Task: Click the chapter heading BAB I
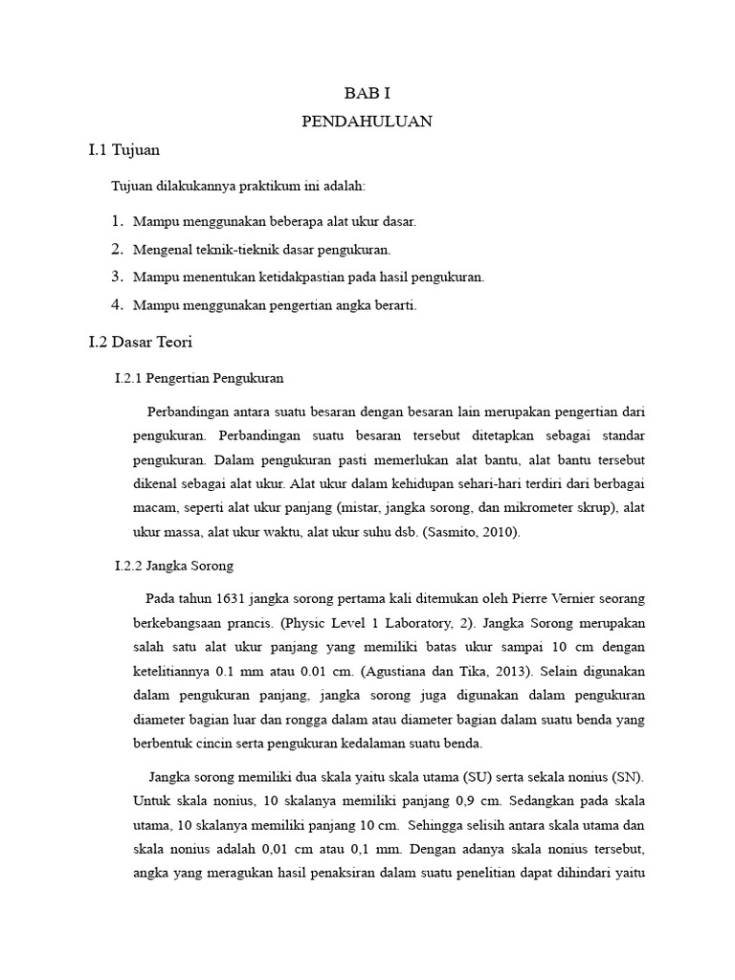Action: [367, 93]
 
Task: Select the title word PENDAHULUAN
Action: [367, 122]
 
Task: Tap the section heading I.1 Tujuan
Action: [124, 150]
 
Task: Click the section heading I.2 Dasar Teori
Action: [141, 341]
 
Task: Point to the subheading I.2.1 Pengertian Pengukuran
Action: [199, 378]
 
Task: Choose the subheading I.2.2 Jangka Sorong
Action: [174, 566]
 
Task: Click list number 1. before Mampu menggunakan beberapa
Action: [117, 221]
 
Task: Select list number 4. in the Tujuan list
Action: [117, 304]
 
